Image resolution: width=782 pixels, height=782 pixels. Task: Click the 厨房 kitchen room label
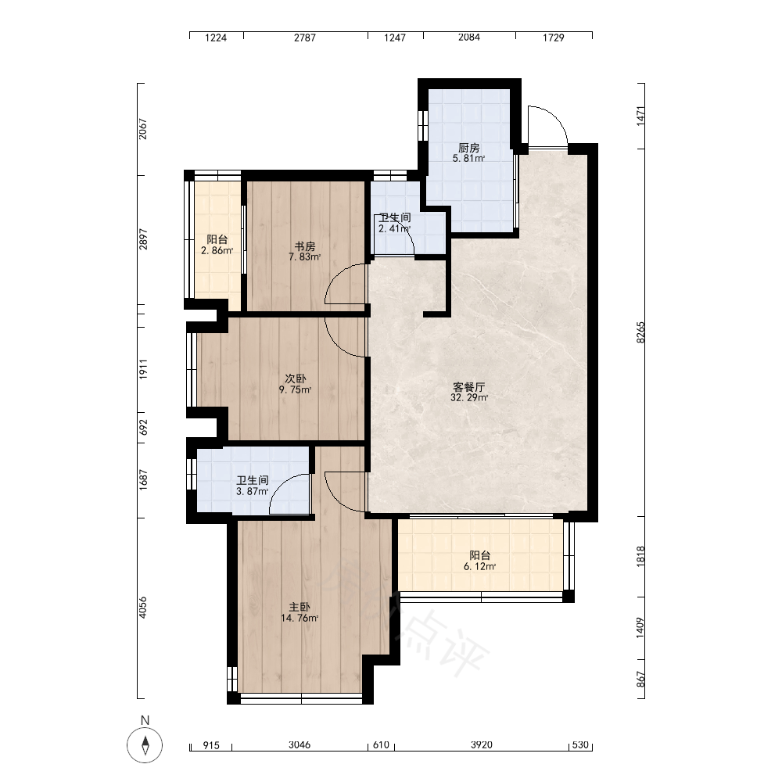pos(468,148)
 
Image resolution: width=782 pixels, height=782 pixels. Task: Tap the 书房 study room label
pos(305,246)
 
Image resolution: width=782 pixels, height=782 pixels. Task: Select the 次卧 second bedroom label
pos(296,379)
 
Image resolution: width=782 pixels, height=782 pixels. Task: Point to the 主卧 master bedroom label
pos(300,608)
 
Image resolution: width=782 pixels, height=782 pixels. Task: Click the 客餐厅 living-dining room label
pos(468,387)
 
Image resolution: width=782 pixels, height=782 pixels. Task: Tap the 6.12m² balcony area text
pos(480,566)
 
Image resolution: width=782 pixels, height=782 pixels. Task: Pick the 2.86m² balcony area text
pos(217,251)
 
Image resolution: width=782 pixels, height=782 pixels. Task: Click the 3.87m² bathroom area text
pos(253,491)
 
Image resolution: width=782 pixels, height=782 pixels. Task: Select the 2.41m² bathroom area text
pos(394,229)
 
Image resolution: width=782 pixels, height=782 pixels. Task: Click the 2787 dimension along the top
pos(305,38)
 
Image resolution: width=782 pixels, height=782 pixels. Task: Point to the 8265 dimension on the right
pos(641,332)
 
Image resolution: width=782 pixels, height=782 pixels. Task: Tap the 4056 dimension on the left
pos(143,608)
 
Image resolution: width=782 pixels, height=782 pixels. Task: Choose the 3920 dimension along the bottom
pos(481,745)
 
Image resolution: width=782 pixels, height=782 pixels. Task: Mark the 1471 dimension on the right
pos(641,116)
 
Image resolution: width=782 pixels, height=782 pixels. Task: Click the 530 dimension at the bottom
pos(580,745)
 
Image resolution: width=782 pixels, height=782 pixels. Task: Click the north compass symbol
pos(145,745)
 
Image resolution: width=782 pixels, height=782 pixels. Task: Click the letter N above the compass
pos(145,720)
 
